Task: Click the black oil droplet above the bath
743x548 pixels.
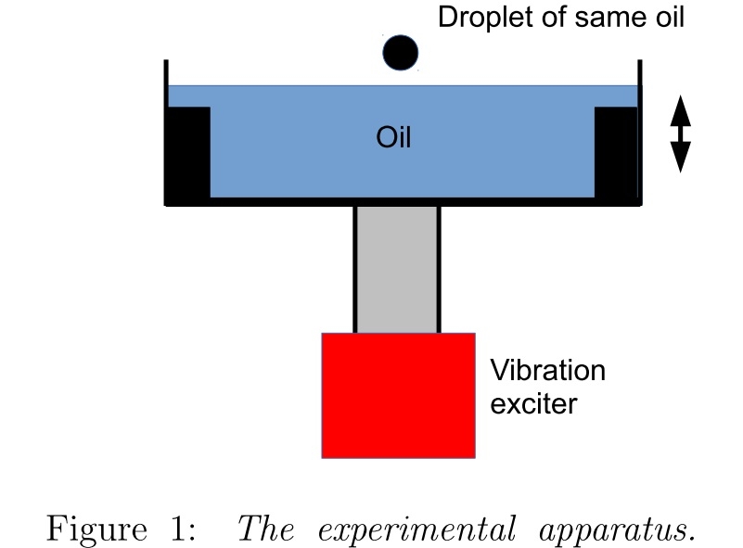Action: coord(401,53)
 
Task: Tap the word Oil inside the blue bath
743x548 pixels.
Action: coord(393,139)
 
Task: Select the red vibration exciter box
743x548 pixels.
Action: coord(398,395)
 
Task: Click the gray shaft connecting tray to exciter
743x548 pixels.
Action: coord(397,270)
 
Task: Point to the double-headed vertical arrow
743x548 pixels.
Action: coord(681,134)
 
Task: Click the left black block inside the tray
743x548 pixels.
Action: coord(188,152)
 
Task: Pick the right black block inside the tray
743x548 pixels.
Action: coord(616,152)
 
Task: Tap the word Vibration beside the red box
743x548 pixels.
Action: coord(547,371)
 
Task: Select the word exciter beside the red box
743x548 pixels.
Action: coord(533,404)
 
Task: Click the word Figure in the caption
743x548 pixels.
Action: coord(96,529)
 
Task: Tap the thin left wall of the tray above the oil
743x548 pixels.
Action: coord(167,73)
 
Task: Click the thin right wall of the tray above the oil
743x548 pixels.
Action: coord(639,73)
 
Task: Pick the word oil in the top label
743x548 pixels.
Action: coord(669,18)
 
